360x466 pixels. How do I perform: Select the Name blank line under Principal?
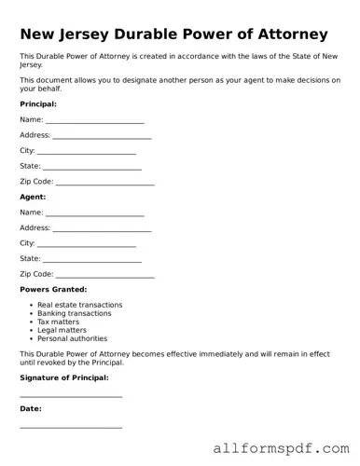click(95, 121)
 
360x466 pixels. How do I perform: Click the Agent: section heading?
click(33, 197)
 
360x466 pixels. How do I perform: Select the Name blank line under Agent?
click(95, 214)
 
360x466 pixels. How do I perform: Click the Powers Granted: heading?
click(53, 290)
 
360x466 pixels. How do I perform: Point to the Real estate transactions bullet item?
click(79, 305)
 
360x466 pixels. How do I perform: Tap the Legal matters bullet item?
click(62, 330)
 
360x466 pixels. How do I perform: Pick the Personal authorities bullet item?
click(72, 338)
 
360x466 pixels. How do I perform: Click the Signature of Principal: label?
click(64, 377)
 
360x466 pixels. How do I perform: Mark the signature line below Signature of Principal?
click(71, 395)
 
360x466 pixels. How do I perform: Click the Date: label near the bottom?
click(30, 408)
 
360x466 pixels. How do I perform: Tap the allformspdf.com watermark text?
click(281, 448)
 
